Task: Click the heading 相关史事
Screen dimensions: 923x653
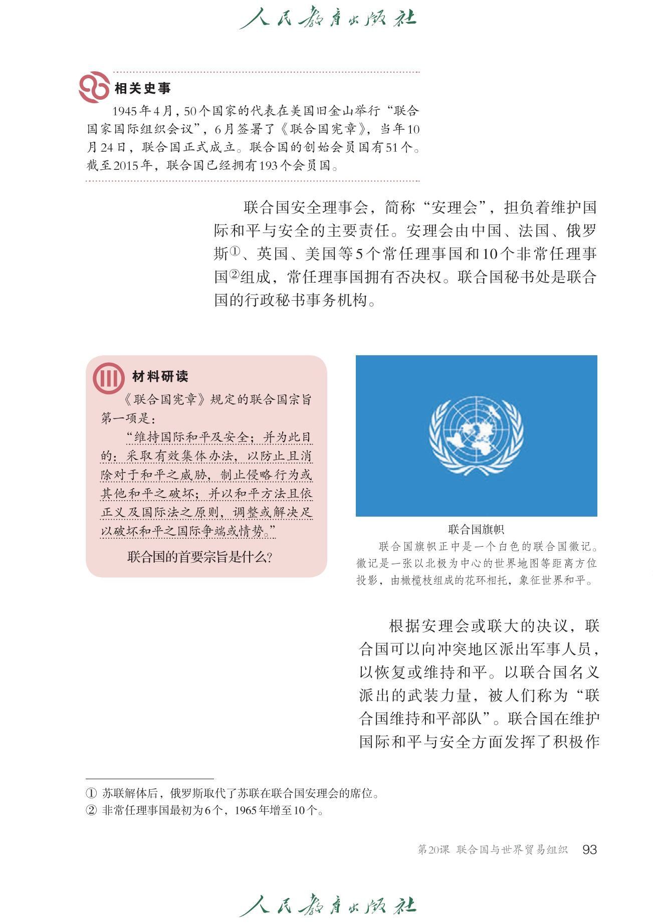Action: (143, 89)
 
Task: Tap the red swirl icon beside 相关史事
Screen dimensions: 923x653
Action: (94, 87)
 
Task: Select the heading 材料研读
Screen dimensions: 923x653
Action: (160, 376)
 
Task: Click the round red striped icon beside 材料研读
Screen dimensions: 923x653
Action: (109, 378)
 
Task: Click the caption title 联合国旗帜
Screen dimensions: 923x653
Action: (476, 529)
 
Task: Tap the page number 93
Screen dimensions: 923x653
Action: (589, 849)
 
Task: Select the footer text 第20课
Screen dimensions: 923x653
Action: (433, 849)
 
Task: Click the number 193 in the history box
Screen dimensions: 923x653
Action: (268, 165)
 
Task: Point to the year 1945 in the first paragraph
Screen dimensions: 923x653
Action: (125, 111)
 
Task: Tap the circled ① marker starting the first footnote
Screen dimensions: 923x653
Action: (91, 793)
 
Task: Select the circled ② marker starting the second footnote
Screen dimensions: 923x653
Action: (91, 810)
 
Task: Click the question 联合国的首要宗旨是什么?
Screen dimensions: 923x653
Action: (200, 557)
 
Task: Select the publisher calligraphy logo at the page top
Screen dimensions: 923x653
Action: (328, 19)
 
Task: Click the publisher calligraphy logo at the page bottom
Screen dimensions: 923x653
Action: (328, 905)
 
